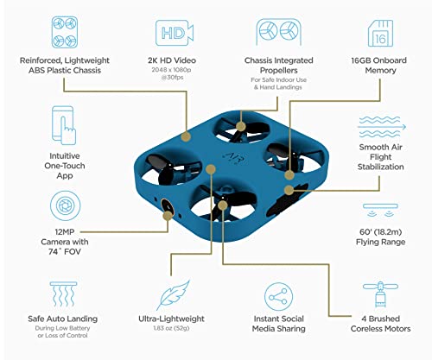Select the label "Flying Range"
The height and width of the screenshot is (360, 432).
coord(380,244)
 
